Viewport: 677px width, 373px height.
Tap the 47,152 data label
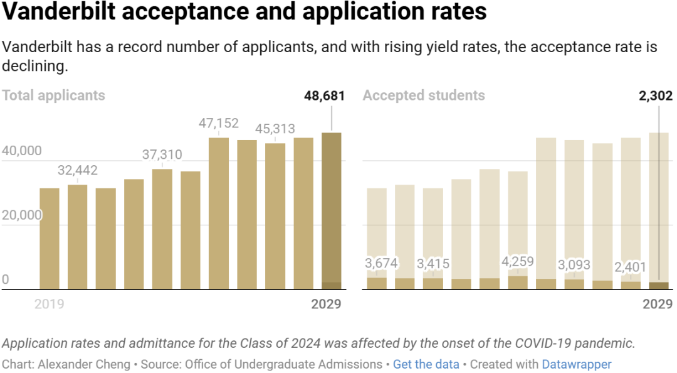(218, 123)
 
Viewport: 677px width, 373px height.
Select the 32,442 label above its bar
(77, 170)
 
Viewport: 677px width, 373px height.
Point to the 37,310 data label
(162, 154)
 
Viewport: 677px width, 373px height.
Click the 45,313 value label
(275, 129)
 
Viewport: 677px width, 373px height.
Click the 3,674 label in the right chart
(381, 264)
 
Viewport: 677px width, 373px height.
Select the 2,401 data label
(631, 268)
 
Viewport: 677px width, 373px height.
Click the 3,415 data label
(433, 264)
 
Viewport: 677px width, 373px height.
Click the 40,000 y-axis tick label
(22, 151)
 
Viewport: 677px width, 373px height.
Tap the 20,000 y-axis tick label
(22, 215)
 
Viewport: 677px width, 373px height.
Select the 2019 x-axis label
(49, 305)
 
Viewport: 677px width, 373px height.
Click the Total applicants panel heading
(53, 95)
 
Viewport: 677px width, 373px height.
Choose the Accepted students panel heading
(424, 95)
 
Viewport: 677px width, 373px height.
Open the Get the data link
(426, 364)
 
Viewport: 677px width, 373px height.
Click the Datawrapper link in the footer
(576, 364)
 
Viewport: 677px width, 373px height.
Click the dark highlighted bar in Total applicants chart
(332, 210)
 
